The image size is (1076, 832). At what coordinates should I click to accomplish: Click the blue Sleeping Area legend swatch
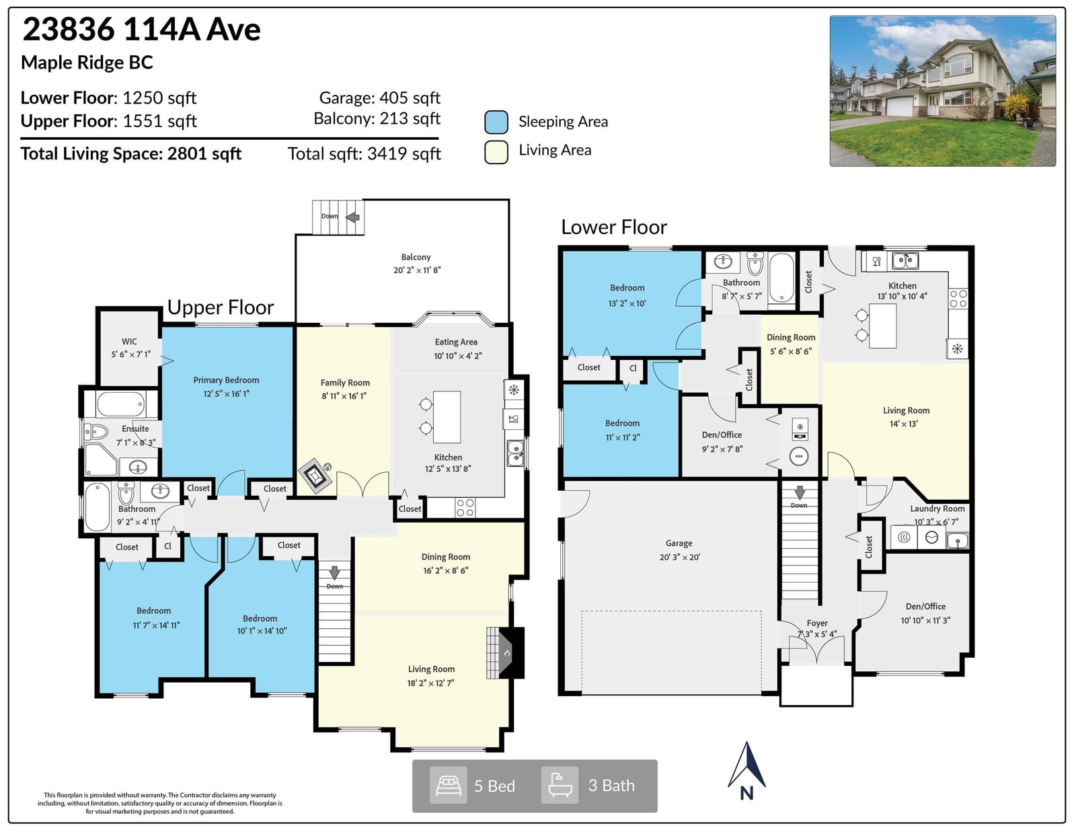(496, 122)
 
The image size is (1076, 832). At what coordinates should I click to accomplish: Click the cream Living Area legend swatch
(496, 151)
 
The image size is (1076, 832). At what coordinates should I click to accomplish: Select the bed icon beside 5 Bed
(448, 786)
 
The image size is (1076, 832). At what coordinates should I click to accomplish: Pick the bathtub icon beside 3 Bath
(560, 785)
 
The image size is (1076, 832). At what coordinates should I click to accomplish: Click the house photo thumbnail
(942, 91)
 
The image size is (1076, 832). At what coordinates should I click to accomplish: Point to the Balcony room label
(416, 257)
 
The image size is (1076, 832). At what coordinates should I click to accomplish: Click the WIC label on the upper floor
(129, 341)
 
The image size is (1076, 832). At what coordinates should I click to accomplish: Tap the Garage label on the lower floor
(679, 543)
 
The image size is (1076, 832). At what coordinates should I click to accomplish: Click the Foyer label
(817, 623)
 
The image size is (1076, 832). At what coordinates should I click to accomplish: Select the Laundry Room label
(937, 508)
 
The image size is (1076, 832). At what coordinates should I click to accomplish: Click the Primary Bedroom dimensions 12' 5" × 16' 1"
(226, 393)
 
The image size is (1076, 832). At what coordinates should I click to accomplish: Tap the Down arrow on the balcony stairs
(352, 217)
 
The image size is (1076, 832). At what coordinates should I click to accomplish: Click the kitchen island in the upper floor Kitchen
(447, 417)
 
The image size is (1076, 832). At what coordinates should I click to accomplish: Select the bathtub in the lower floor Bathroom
(781, 278)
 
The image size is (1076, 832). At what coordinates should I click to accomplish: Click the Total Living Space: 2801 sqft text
(130, 153)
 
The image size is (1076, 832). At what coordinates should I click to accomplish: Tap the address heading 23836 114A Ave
(142, 29)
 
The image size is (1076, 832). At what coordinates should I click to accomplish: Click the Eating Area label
(456, 342)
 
